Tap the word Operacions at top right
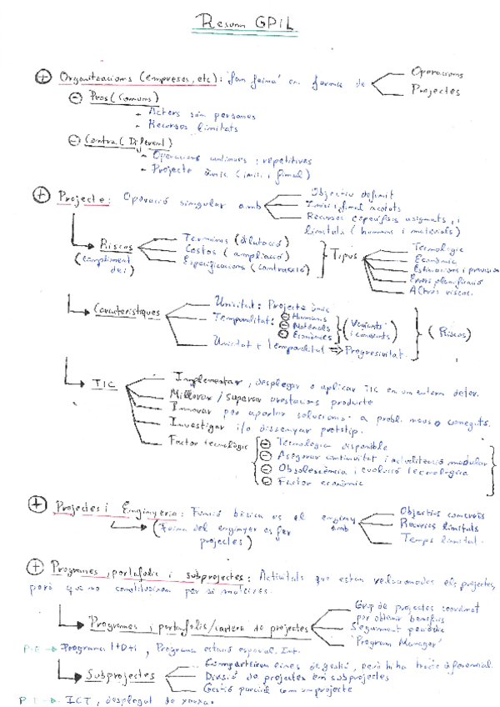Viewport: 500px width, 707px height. click(437, 73)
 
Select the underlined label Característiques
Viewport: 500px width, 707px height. click(127, 310)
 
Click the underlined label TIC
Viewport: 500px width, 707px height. click(103, 382)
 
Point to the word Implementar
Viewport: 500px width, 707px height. click(207, 376)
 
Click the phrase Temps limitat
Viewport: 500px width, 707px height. click(432, 540)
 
